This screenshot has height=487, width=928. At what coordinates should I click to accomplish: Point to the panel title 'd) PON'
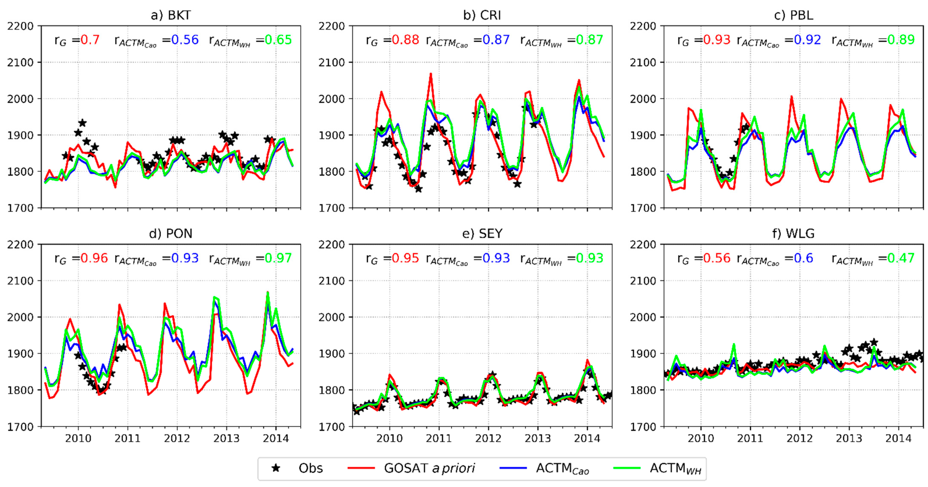point(171,234)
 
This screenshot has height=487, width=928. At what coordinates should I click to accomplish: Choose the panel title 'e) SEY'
point(482,234)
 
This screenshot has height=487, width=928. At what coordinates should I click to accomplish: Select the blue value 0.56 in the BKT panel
point(185,40)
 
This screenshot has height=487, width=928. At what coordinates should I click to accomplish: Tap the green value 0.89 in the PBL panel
point(901,40)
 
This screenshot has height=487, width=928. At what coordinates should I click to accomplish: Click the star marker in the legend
point(276,468)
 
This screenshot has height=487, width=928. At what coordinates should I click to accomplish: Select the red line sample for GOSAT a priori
point(361,468)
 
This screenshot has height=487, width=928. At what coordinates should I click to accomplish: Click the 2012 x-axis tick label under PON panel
point(177,438)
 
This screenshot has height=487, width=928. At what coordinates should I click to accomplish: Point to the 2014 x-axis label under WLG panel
point(899,438)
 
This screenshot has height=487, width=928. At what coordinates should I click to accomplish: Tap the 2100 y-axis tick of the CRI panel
point(331,63)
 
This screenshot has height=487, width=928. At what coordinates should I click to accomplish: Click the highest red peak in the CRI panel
point(431,74)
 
